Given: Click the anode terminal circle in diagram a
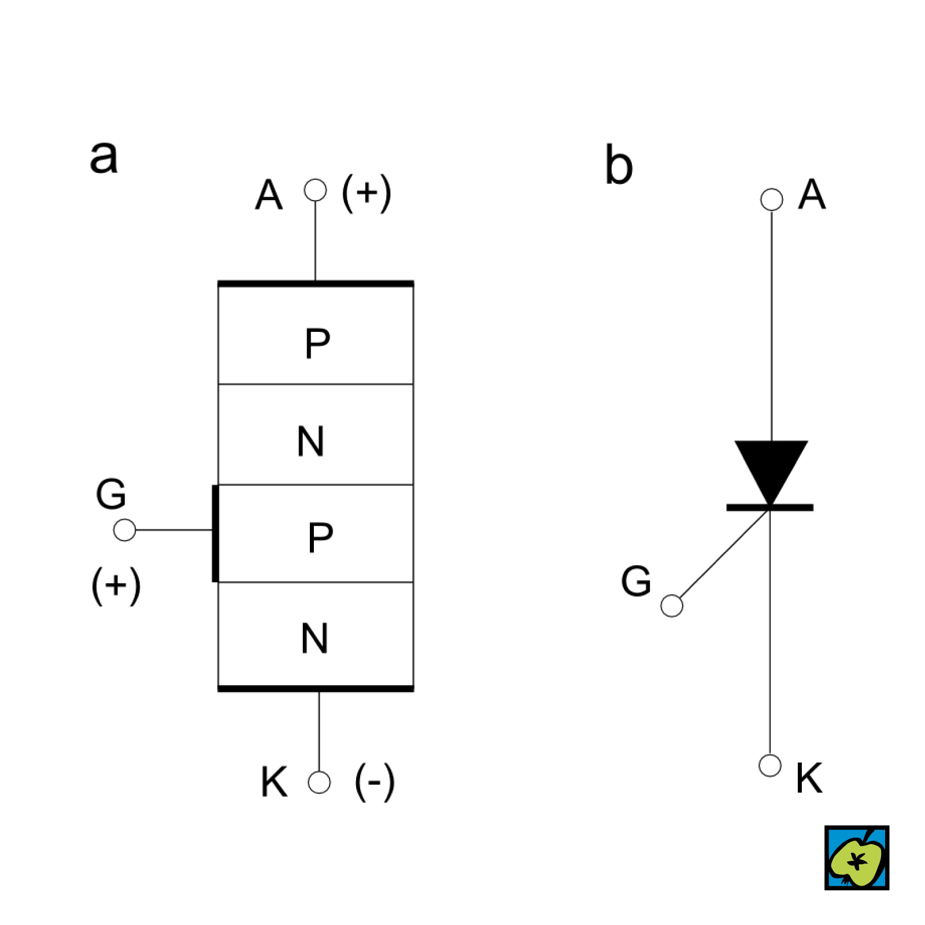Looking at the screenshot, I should coord(315,190).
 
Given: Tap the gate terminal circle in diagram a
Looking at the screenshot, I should coord(124,530).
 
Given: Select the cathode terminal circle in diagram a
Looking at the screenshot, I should coord(319,782).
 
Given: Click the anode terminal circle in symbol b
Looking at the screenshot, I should coord(771,199).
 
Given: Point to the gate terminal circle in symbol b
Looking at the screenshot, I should coord(671,606).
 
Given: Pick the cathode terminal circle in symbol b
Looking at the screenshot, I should coord(769,765).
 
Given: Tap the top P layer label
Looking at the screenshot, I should coord(317,343).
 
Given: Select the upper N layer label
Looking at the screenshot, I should coord(310,442).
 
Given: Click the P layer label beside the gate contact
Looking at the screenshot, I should coord(320,537).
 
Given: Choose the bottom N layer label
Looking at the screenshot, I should coord(314,638).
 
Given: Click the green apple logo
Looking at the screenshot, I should coord(856,857).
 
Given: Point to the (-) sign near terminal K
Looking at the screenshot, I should coord(375,782).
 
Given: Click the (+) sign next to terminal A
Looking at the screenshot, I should coord(367,193).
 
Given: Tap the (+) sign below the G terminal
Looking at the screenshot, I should coord(116,584).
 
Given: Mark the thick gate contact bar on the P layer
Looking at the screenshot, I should coord(215,533).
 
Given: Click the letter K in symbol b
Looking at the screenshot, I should coord(809,778).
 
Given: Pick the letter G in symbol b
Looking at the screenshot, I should coord(636,580).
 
